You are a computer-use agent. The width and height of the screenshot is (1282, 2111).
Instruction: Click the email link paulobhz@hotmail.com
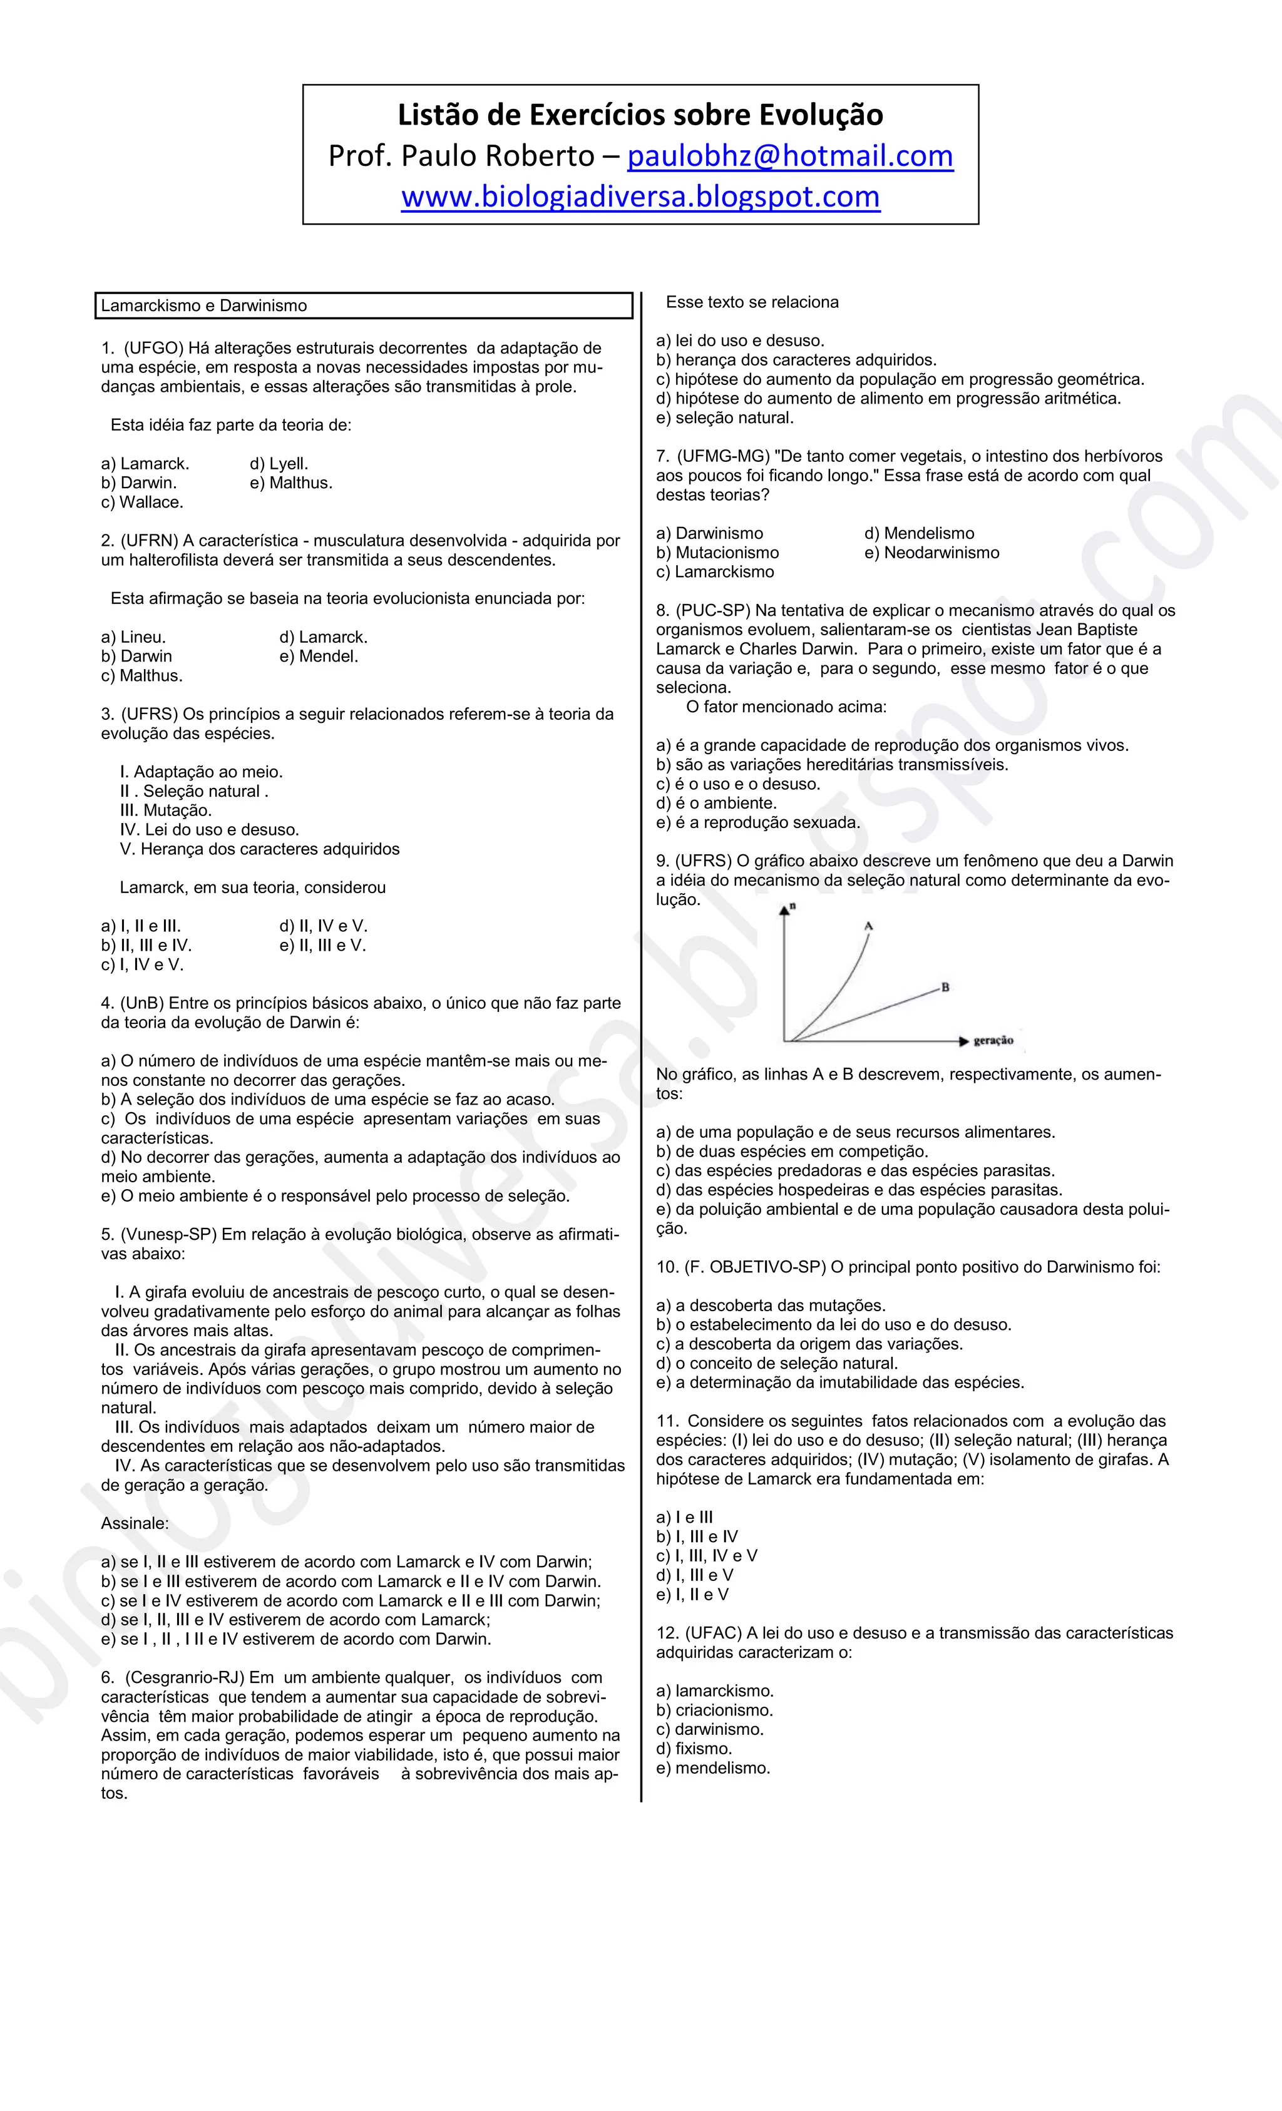789,156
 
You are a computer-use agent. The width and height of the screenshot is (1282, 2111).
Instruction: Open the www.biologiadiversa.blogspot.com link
640,197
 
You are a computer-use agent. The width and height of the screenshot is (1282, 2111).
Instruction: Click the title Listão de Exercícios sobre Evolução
640,115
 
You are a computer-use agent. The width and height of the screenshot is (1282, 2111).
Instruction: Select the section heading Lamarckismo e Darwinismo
204,306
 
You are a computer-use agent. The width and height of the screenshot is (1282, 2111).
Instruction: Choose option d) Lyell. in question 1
279,464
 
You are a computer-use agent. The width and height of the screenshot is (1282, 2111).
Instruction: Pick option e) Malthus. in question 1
290,483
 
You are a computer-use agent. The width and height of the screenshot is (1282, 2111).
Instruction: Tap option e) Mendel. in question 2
318,657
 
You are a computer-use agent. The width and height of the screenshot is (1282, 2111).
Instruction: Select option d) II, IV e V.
323,926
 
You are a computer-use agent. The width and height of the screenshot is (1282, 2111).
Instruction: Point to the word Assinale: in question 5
135,1523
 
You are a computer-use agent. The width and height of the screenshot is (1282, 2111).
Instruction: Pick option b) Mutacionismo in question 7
717,553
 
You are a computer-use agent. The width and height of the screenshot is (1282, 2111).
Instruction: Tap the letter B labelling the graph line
945,987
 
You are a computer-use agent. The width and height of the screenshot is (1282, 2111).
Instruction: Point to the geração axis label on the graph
993,1041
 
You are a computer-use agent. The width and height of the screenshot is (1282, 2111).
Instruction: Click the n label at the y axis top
792,906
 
